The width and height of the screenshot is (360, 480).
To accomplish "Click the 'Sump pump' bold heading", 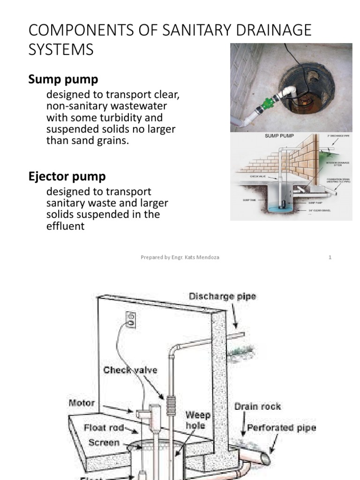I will click(x=63, y=79).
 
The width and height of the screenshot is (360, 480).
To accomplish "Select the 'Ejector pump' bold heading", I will click(x=67, y=177).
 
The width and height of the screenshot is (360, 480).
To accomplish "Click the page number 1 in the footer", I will click(x=330, y=257).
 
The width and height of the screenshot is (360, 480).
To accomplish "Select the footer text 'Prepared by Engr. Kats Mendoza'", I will click(x=180, y=257).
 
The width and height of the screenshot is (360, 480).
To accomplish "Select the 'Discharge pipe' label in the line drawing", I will click(x=222, y=297).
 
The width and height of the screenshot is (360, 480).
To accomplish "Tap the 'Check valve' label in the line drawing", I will click(x=130, y=370).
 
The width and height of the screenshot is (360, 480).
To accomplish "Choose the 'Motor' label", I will click(x=82, y=403).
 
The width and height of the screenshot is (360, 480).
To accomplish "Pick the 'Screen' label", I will click(x=105, y=442).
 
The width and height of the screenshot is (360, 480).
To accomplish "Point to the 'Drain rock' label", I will click(x=257, y=406).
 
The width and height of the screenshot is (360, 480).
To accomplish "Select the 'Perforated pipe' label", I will click(x=281, y=427).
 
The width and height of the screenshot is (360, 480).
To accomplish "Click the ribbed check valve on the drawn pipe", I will click(x=171, y=402).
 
